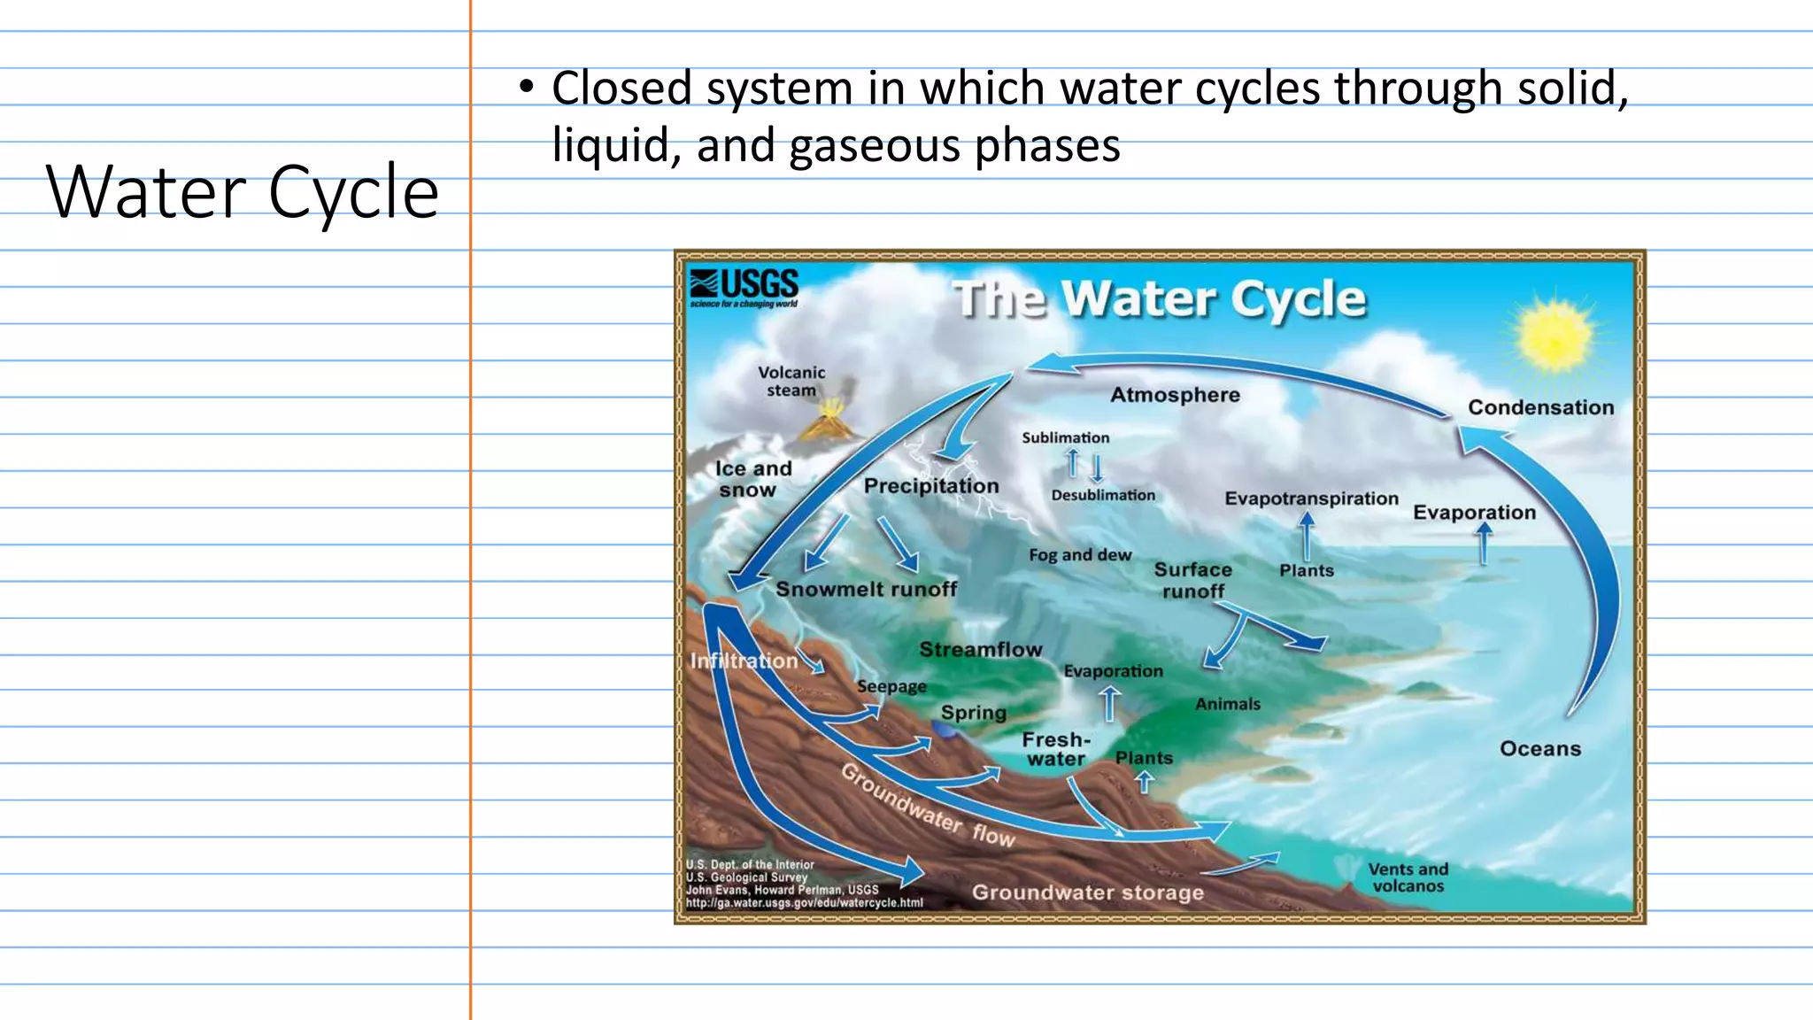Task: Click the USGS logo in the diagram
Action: coord(744,287)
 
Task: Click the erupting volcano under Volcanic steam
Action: coord(829,422)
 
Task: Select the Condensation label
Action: coord(1540,407)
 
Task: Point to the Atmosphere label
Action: coord(1175,395)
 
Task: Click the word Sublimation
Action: coord(1065,437)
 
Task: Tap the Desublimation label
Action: coord(1103,495)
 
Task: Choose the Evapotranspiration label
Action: coord(1311,498)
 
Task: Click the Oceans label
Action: coord(1539,749)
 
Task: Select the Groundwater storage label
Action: coord(1087,892)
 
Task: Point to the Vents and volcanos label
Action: coord(1408,877)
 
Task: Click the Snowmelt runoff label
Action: coord(866,590)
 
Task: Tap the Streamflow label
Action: coord(980,650)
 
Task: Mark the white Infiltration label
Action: coord(744,661)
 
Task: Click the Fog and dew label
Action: coord(1079,555)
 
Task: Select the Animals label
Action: coord(1227,704)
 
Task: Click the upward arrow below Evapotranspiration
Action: coord(1307,536)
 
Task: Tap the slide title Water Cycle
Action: coord(242,192)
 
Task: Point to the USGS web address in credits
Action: coord(804,903)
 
